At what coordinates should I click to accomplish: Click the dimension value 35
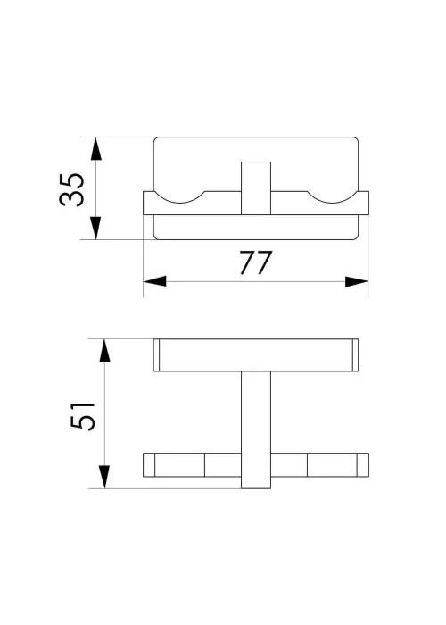coord(71,189)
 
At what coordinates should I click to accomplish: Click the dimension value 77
coord(256,262)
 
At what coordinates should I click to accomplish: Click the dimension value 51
coord(83,416)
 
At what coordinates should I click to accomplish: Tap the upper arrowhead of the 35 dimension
coord(96,149)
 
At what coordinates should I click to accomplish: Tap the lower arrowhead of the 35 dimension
coord(96,228)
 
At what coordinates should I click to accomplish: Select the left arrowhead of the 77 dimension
coord(154,281)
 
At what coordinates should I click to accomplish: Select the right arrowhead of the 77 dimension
coord(357,281)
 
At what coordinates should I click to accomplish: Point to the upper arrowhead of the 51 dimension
coord(104,351)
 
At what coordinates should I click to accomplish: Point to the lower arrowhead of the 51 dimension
coord(104,477)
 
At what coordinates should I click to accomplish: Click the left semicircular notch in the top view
coord(179,203)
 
